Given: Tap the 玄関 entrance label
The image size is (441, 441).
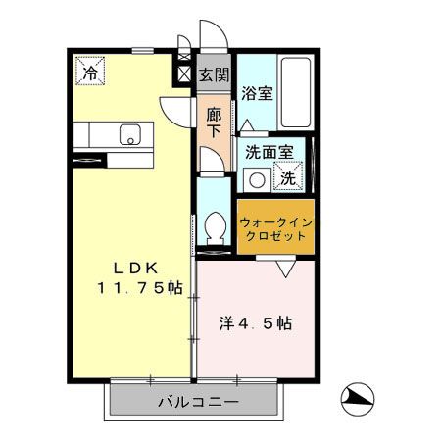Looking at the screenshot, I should (x=214, y=73).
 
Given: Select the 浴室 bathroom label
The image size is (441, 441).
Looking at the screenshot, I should (x=257, y=94).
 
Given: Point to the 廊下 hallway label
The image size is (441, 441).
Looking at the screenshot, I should (x=214, y=120).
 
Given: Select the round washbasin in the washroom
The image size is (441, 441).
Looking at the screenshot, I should (x=257, y=179).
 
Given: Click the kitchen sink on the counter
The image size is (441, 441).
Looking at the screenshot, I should (x=129, y=134).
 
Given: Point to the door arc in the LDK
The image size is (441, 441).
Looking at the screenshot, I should (x=173, y=110).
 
